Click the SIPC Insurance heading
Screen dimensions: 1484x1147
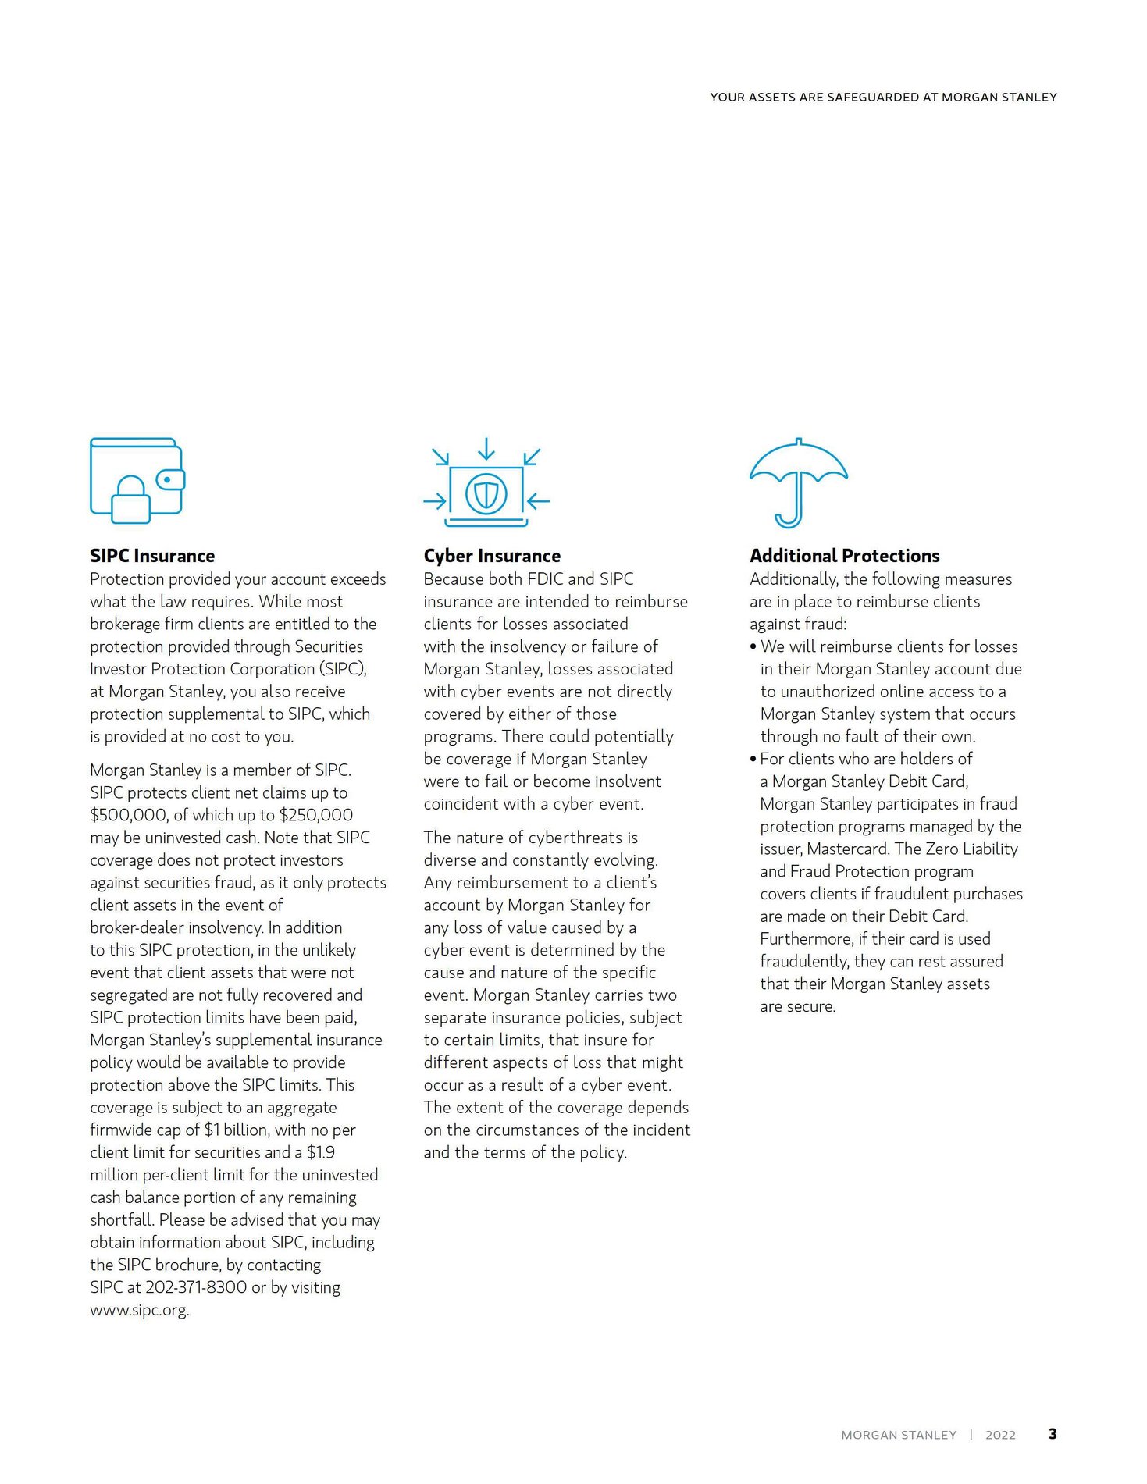coord(152,556)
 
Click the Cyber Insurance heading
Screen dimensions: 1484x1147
coord(492,556)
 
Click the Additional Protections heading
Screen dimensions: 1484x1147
coord(844,556)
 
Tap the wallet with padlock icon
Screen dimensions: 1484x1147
coord(137,479)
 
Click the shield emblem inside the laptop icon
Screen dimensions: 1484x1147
coord(486,493)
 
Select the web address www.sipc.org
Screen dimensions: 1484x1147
coord(139,1310)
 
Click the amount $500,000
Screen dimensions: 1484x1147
coord(129,815)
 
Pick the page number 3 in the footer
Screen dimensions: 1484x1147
coord(1053,1434)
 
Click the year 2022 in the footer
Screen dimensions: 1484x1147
coord(1000,1435)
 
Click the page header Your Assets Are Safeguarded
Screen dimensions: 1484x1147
coord(883,98)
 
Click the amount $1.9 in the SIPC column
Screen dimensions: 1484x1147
coord(321,1152)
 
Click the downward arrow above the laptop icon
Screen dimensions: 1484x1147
coord(486,449)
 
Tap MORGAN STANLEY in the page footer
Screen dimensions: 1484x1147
coord(899,1435)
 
